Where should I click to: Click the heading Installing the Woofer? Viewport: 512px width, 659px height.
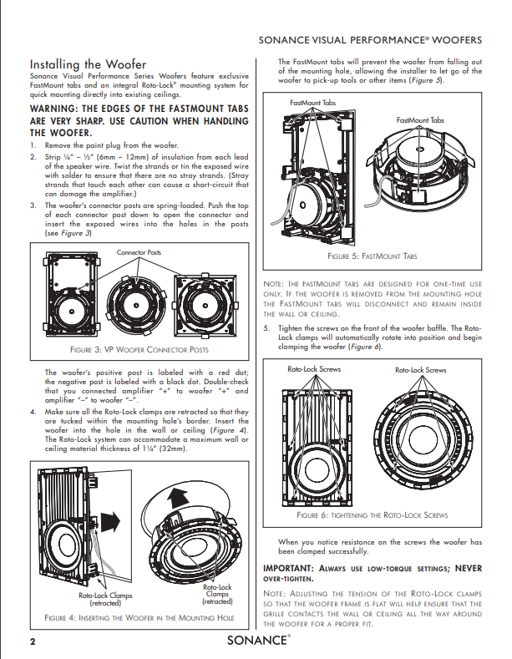(x=88, y=64)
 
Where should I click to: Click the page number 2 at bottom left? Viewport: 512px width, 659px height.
(x=33, y=641)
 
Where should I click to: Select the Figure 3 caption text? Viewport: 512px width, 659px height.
(x=139, y=348)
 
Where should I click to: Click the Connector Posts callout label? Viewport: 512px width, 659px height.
(x=139, y=251)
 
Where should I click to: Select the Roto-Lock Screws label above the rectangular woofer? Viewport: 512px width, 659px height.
(x=313, y=368)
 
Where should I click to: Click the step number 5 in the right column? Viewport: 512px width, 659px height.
(x=266, y=328)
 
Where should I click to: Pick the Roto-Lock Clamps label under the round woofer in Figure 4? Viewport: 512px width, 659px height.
(x=218, y=594)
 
